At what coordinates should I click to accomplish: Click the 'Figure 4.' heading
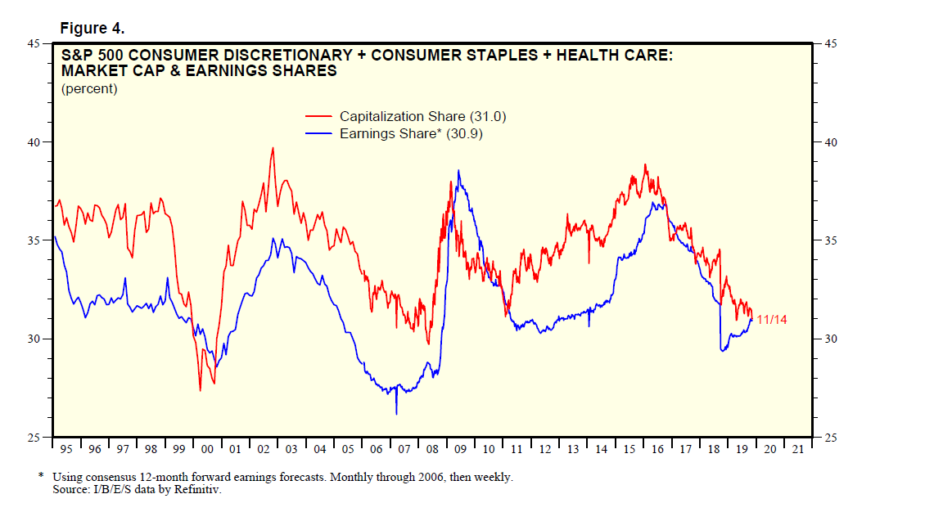(92, 29)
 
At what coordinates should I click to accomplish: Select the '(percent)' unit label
(89, 88)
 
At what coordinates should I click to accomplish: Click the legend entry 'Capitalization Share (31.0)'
(428, 117)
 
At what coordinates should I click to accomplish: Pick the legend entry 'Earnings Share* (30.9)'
(411, 133)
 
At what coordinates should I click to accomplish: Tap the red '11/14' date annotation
(771, 320)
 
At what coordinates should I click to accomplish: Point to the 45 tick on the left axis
(40, 43)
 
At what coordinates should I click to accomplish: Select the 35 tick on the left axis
(40, 240)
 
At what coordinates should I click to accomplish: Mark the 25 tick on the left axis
(40, 438)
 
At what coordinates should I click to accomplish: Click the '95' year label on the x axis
(67, 449)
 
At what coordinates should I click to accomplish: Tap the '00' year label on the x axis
(207, 449)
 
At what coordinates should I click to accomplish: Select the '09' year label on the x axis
(460, 449)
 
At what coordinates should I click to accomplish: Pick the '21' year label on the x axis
(797, 449)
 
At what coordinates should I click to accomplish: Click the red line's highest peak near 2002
(273, 148)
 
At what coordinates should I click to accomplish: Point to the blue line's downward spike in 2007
(396, 413)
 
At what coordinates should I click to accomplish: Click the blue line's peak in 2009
(458, 171)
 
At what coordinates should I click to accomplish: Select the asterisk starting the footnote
(41, 476)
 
